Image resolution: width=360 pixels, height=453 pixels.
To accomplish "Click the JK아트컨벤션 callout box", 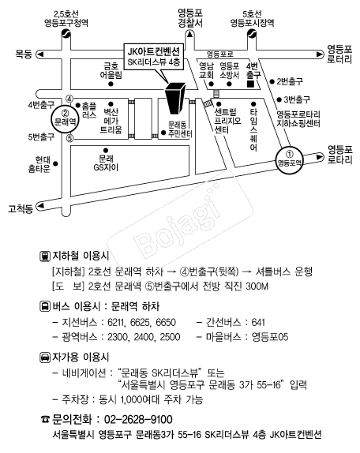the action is (x=154, y=57).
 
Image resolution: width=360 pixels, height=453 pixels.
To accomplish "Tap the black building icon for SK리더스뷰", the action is (x=174, y=98).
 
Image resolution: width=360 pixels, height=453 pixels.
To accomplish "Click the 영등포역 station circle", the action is (x=289, y=159).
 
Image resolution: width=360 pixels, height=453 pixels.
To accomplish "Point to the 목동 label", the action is (x=24, y=54).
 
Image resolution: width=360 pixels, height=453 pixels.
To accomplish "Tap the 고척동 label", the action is (x=21, y=208).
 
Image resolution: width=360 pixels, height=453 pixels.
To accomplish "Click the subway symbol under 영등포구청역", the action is (x=66, y=34).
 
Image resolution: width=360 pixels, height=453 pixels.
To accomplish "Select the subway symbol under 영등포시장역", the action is (x=252, y=34).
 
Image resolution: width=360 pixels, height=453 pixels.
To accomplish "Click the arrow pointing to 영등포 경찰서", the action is (x=189, y=35).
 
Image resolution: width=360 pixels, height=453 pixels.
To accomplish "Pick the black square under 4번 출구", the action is (x=250, y=84).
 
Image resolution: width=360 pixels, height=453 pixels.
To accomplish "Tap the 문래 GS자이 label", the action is (x=106, y=163).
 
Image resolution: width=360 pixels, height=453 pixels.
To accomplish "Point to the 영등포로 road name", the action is (x=220, y=54).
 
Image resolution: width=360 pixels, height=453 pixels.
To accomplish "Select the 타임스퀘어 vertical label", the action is (x=253, y=129).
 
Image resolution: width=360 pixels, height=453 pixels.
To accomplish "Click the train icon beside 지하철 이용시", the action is (x=44, y=256).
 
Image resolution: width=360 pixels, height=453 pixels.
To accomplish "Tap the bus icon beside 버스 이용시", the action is (x=44, y=306).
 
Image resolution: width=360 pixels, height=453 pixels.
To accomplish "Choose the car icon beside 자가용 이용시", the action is (x=44, y=358).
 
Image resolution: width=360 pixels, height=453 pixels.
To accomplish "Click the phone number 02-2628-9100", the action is (x=138, y=420).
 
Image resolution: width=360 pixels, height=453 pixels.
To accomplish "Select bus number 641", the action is (x=258, y=322).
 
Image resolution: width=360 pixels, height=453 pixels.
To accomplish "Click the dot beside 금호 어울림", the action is (x=111, y=84).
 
